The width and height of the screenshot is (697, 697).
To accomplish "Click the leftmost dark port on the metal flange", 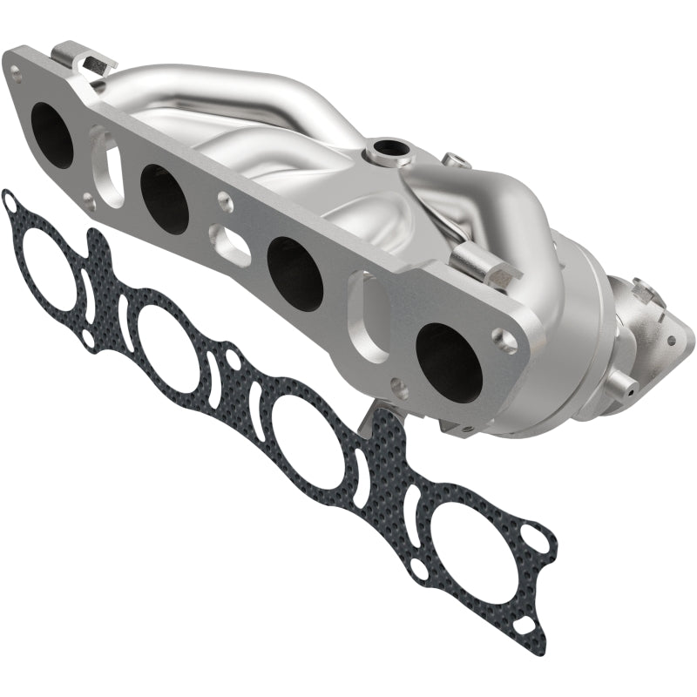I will [51, 135].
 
